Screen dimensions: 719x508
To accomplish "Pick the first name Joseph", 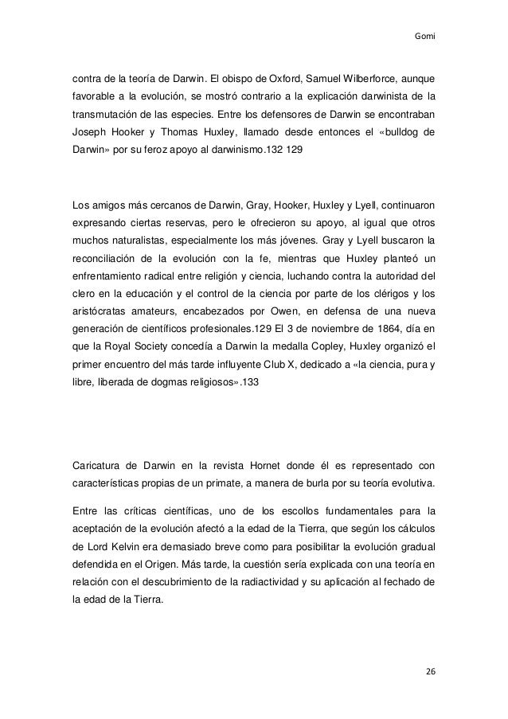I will (x=89, y=131).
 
